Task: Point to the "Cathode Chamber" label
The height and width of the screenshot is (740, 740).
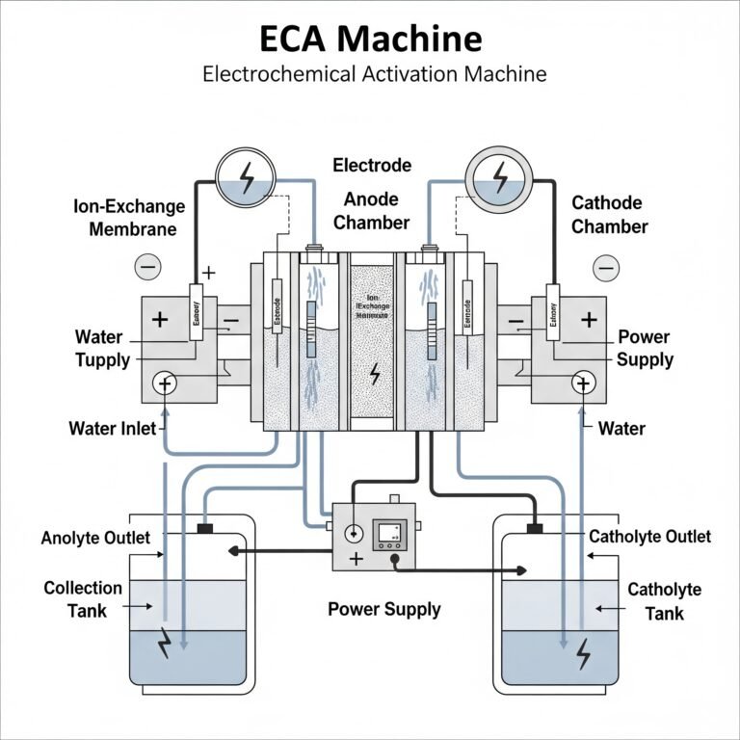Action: point(610,214)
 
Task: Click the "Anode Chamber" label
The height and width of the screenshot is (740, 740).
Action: point(377,211)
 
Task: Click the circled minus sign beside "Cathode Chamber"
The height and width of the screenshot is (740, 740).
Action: point(606,266)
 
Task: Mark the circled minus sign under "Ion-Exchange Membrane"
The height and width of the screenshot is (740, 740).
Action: point(148,266)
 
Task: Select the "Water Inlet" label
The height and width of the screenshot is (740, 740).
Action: point(112,428)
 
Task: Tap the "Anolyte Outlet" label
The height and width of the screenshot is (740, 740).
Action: point(95,538)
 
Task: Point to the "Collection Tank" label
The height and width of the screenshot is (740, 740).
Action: point(83,598)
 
